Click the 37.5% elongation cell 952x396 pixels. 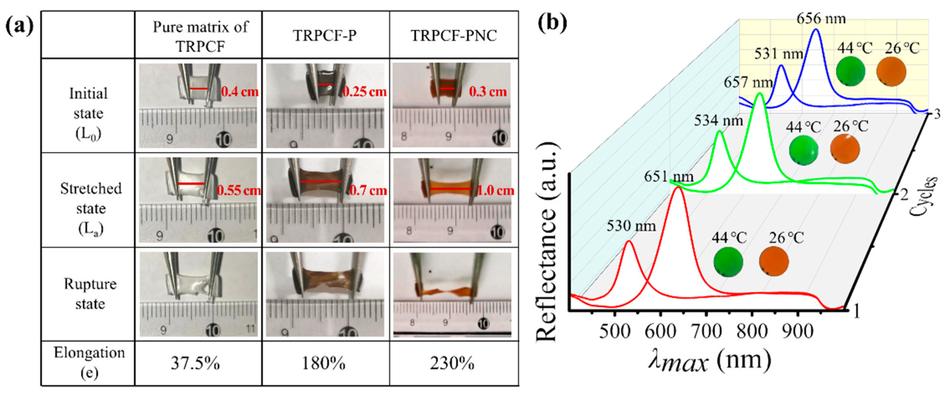click(195, 364)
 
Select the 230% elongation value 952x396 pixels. click(452, 364)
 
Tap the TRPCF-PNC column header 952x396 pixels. click(453, 36)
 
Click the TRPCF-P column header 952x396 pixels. click(324, 36)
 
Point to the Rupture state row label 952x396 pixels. click(90, 294)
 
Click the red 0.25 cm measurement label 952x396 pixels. click(364, 91)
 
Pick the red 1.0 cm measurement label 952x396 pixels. click(495, 191)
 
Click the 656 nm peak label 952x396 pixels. click(821, 18)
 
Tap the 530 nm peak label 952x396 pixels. click(631, 226)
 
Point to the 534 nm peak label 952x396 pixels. click(718, 121)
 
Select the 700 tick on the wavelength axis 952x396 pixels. click(706, 331)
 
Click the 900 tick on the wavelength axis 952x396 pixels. click(798, 331)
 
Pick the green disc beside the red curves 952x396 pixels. click(728, 262)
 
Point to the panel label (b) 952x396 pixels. click(552, 23)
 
